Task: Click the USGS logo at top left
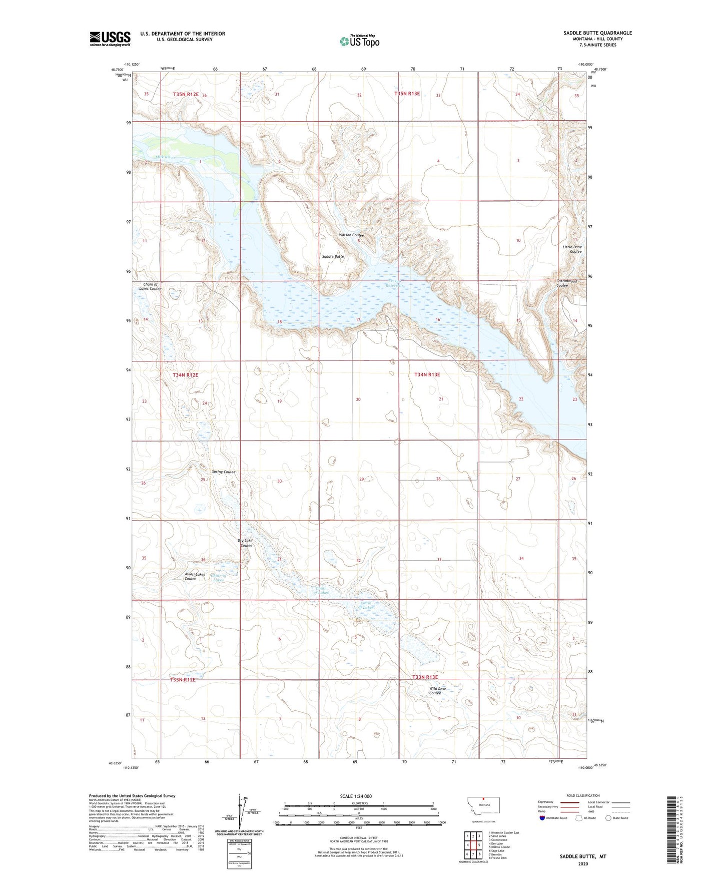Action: pos(110,39)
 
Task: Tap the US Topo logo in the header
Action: pos(359,41)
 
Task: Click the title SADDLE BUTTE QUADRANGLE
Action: pos(597,33)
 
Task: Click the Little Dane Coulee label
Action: pos(572,249)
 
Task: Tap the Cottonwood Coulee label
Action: pos(566,283)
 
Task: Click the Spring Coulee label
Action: pos(223,472)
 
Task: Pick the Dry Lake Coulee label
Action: pos(245,543)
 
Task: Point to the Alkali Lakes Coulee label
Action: pos(195,576)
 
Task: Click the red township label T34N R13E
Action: pos(427,374)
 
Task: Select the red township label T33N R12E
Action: pos(183,680)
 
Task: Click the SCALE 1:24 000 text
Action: pos(355,796)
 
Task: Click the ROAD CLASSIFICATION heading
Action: pos(583,795)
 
